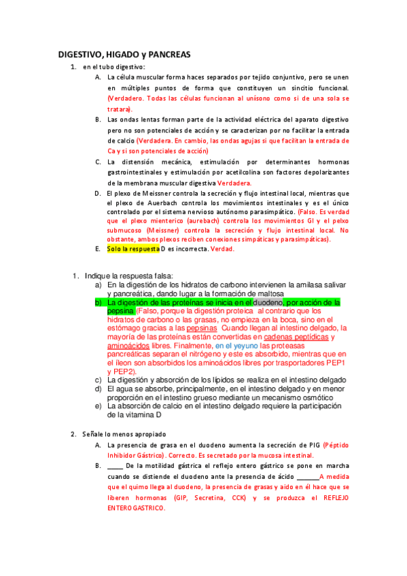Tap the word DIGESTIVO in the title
[x=79, y=54]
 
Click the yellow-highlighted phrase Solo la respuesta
[x=132, y=249]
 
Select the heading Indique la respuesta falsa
[x=129, y=275]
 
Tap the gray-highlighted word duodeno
[x=268, y=302]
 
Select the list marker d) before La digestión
[x=99, y=388]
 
